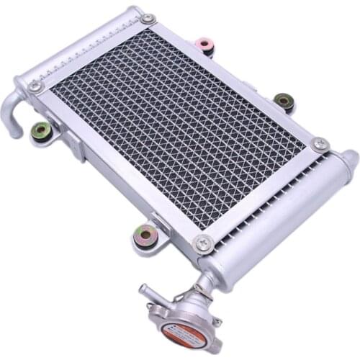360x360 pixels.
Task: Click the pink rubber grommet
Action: point(206,45)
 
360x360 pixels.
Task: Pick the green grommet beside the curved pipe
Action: point(41,130)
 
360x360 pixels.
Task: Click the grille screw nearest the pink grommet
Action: point(148,19)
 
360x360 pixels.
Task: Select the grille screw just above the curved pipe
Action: point(35,86)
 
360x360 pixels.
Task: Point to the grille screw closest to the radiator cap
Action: point(204,244)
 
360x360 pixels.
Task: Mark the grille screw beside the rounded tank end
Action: point(320,145)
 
